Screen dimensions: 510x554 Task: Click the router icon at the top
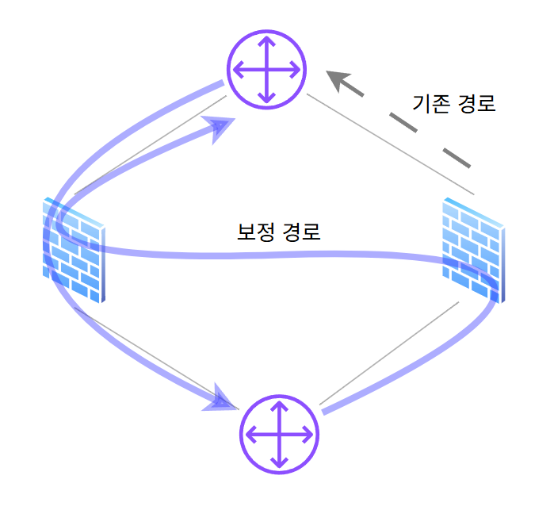tap(266, 69)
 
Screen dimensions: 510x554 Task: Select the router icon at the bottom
tap(279, 435)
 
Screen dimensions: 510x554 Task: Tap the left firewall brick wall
tap(74, 250)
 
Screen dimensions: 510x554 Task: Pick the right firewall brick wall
tap(473, 250)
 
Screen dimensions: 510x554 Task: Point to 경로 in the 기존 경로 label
tap(477, 104)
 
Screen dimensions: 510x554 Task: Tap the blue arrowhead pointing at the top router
tap(224, 126)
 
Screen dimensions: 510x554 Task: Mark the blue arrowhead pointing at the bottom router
tap(225, 400)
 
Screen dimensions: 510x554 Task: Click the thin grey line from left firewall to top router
tap(151, 145)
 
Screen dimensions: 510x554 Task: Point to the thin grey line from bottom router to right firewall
tap(388, 353)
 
